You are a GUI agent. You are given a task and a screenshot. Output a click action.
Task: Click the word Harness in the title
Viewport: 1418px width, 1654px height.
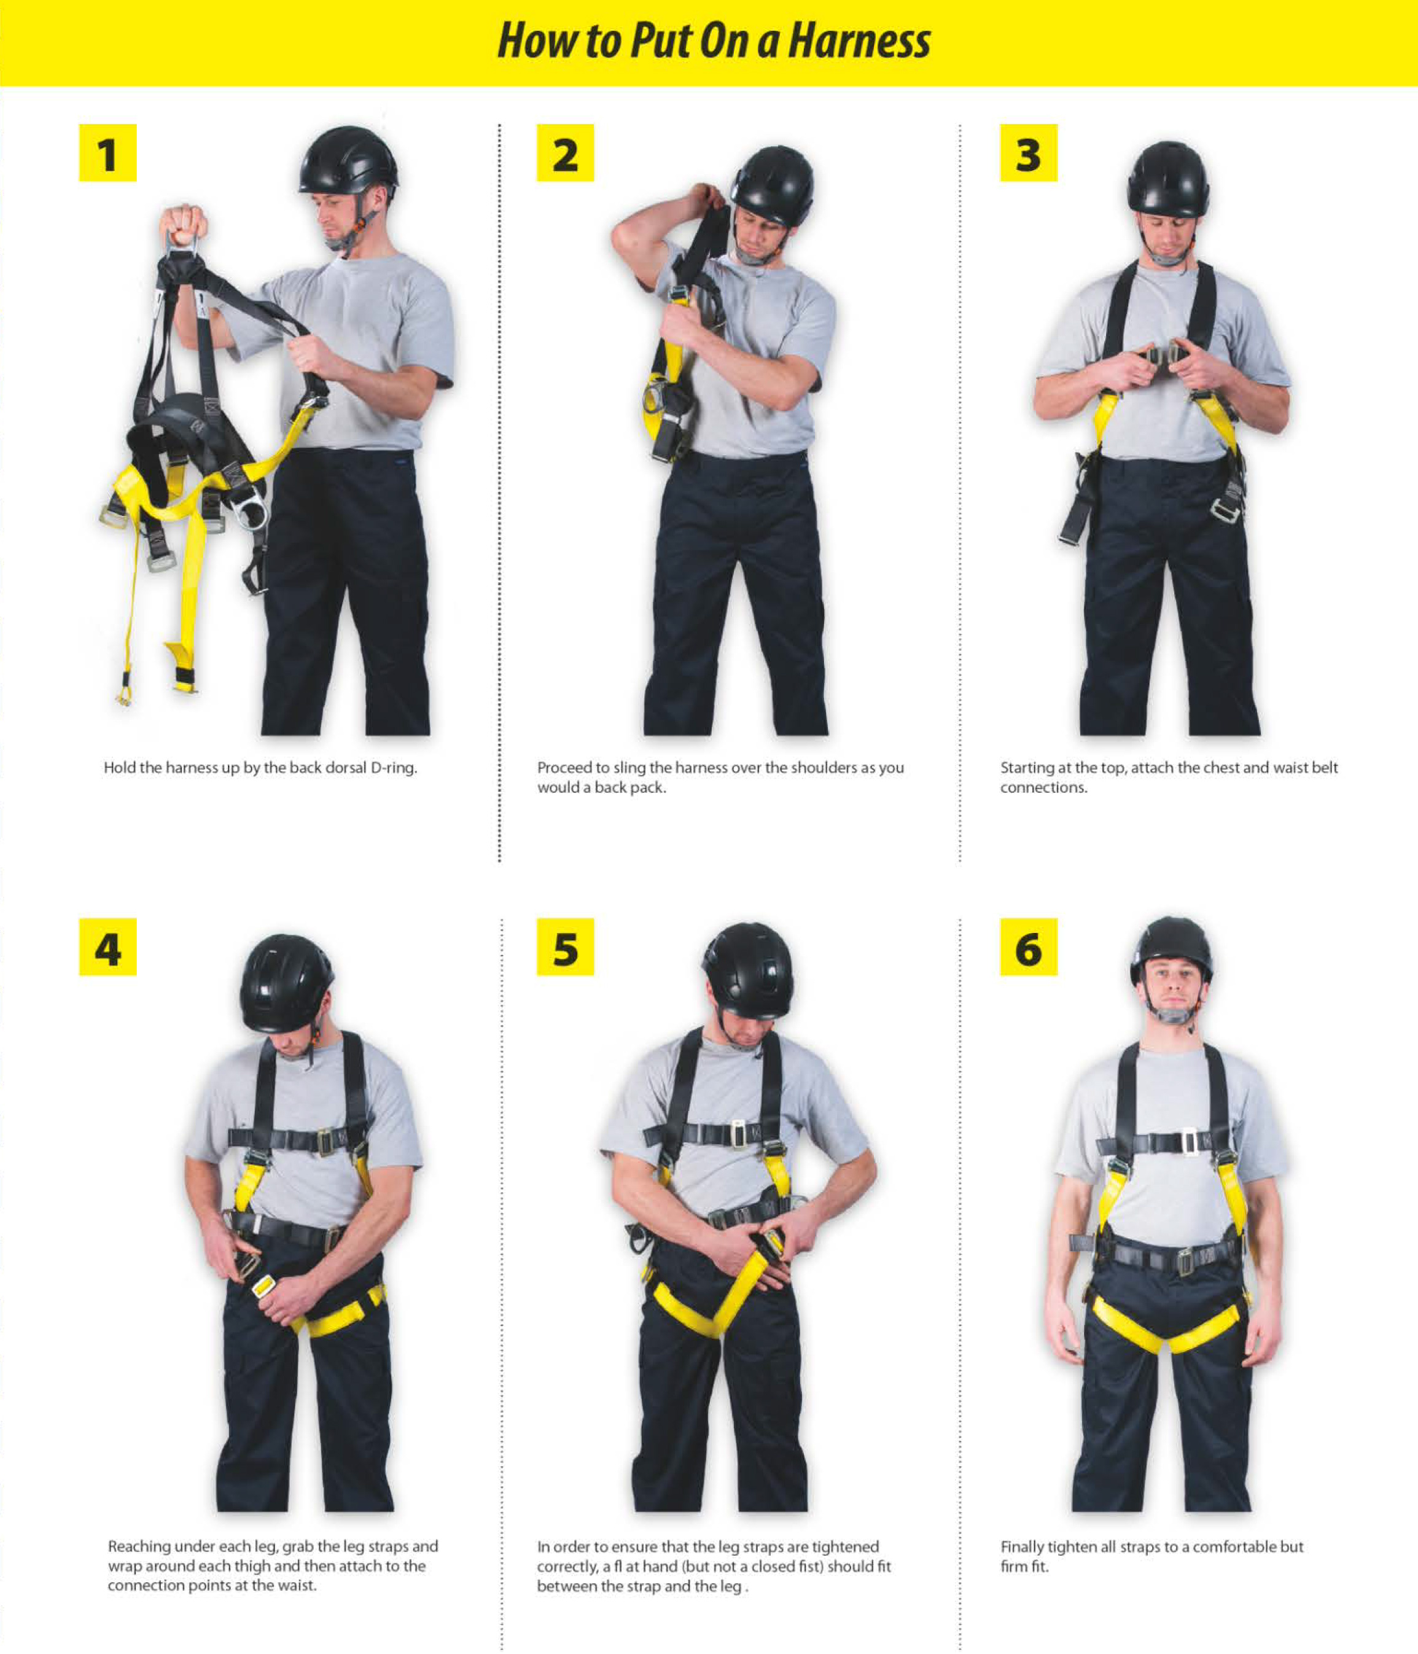coord(859,42)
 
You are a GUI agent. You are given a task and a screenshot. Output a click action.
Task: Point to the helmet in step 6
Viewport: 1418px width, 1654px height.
coord(1170,950)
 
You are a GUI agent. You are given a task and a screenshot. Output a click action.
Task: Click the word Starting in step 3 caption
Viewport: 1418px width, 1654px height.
coord(1026,768)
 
